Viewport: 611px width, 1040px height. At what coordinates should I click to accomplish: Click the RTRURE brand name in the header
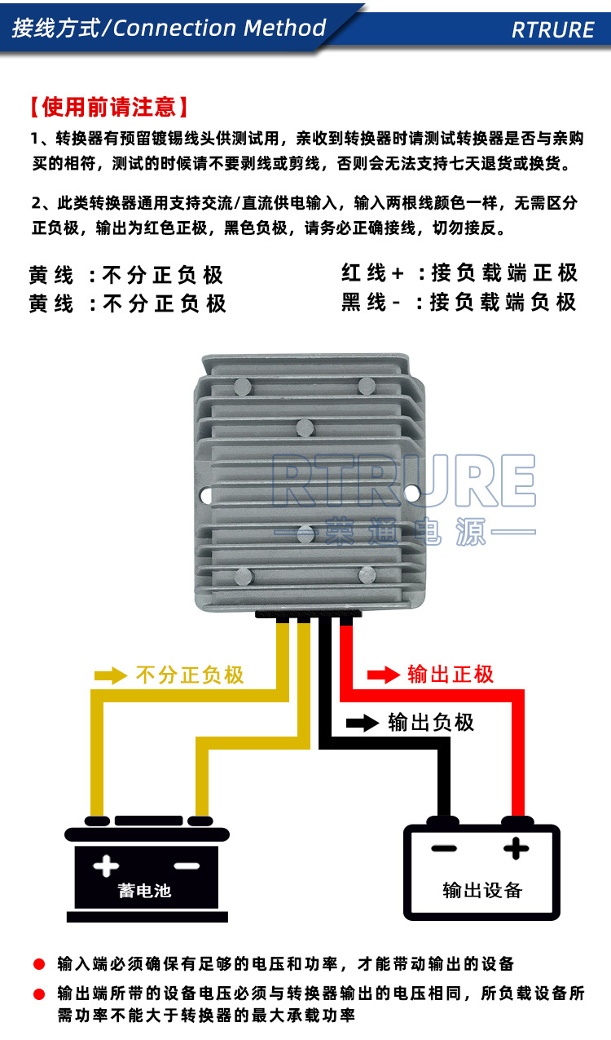point(552,30)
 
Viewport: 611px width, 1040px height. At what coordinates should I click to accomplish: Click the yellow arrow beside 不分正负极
point(111,675)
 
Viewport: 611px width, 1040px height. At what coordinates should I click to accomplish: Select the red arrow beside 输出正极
point(384,675)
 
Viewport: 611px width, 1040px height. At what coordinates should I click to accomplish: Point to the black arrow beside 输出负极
point(362,723)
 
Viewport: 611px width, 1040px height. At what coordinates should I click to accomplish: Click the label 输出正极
point(451,675)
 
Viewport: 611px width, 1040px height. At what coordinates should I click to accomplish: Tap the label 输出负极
point(431,723)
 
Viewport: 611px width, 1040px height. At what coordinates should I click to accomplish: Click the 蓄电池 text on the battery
point(144,890)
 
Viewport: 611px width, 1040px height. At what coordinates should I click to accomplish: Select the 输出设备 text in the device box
point(482,890)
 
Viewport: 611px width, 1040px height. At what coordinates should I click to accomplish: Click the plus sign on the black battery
point(106,865)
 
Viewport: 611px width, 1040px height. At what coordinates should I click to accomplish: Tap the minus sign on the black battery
point(187,865)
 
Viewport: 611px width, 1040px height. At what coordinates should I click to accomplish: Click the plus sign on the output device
point(516,849)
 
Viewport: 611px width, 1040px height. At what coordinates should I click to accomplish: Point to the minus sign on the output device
point(444,849)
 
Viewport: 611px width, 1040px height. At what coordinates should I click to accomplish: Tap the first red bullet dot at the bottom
point(38,964)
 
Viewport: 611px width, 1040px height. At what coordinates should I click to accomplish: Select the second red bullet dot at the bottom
point(38,994)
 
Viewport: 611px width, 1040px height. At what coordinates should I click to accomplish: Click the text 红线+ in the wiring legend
point(373,273)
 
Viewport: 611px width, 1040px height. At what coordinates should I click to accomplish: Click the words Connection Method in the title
point(220,29)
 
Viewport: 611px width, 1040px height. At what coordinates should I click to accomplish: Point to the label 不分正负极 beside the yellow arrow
point(190,675)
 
